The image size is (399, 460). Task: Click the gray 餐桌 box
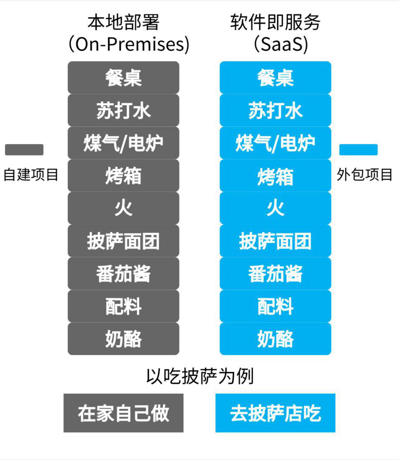(123, 77)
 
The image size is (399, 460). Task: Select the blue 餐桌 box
(276, 77)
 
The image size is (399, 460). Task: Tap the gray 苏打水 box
(123, 110)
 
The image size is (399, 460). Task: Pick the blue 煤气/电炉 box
(276, 143)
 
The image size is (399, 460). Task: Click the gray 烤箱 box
(123, 176)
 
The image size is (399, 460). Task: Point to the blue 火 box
(276, 208)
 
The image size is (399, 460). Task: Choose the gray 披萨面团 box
(123, 241)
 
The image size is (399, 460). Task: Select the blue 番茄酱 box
(276, 273)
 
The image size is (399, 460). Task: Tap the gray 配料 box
(123, 306)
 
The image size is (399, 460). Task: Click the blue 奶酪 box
(276, 339)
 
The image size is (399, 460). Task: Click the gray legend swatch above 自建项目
(24, 150)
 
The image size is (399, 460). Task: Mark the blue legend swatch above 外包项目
(358, 150)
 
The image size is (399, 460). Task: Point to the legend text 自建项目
(31, 174)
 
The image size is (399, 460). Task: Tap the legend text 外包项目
(364, 174)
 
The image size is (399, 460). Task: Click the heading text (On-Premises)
(129, 44)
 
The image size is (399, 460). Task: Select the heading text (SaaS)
(281, 44)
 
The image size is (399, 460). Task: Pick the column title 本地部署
(123, 22)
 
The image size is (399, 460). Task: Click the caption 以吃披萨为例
(200, 376)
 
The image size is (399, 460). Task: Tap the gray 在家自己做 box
(123, 413)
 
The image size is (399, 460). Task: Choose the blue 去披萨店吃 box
(276, 413)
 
